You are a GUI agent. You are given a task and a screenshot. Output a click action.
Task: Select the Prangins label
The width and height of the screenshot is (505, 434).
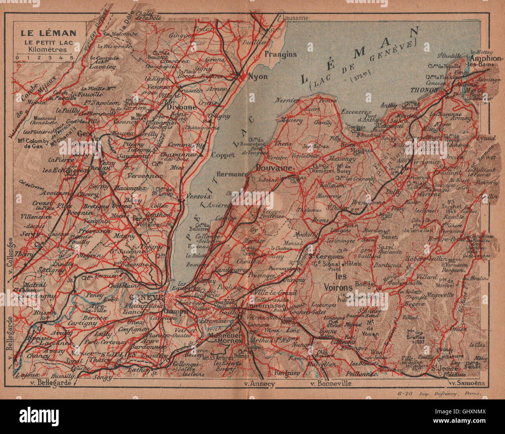(280, 54)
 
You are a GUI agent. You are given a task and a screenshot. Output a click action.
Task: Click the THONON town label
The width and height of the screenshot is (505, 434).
(425, 90)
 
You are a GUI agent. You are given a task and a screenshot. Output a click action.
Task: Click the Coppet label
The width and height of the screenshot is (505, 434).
(223, 155)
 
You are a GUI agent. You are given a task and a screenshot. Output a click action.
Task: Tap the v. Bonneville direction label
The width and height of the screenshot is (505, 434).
(331, 383)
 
